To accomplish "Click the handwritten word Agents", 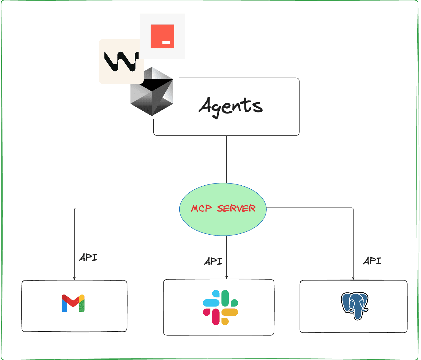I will pos(231,106).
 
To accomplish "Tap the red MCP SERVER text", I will pos(223,209).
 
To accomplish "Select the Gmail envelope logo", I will pos(73,303).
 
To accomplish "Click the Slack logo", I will pos(220,307).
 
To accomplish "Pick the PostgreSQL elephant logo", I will pos(354,306).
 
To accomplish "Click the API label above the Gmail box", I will pos(88,257).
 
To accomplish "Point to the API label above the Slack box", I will pos(213,261).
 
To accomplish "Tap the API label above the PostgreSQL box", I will pos(372,261).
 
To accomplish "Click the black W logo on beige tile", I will pos(121,61).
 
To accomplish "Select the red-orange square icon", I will pos(162,36).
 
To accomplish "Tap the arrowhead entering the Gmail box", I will pos(74,278).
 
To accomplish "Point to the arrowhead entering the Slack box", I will pos(226,277).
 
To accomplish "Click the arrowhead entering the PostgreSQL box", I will pos(353,278).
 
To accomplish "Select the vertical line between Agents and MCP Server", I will pos(226,159).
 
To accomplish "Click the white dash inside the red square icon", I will pos(166,43).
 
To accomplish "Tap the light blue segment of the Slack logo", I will pos(211,302).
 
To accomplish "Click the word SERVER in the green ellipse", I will pos(236,209).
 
